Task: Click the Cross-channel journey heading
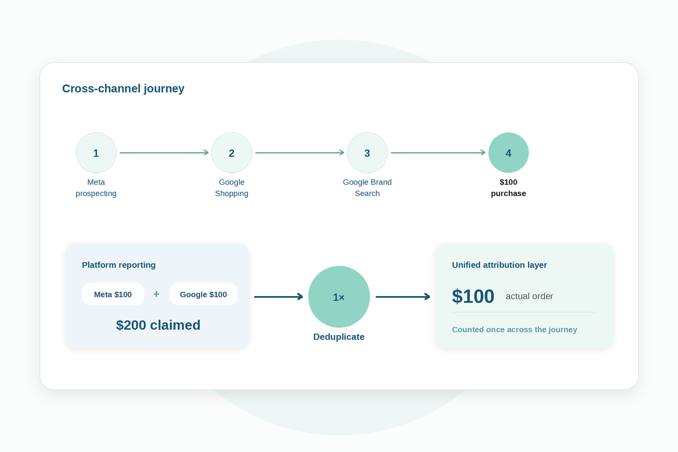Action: point(123,89)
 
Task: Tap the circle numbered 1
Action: point(96,153)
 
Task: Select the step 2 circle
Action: point(232,153)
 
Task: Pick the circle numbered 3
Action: point(367,153)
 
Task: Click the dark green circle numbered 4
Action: point(508,153)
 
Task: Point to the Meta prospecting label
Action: point(96,188)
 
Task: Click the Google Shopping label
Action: point(232,188)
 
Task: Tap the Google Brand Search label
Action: point(367,188)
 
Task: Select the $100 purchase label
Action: point(508,188)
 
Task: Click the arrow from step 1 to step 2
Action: point(164,153)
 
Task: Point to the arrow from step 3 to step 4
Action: point(438,153)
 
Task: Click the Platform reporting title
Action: point(119,265)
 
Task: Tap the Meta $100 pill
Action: point(113,294)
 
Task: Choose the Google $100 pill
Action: point(203,294)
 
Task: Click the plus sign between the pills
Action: point(157,294)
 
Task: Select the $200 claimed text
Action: point(158,325)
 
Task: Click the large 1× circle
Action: point(339,297)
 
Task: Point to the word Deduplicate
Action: point(339,337)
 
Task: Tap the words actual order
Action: point(529,296)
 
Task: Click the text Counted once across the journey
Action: point(515,329)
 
